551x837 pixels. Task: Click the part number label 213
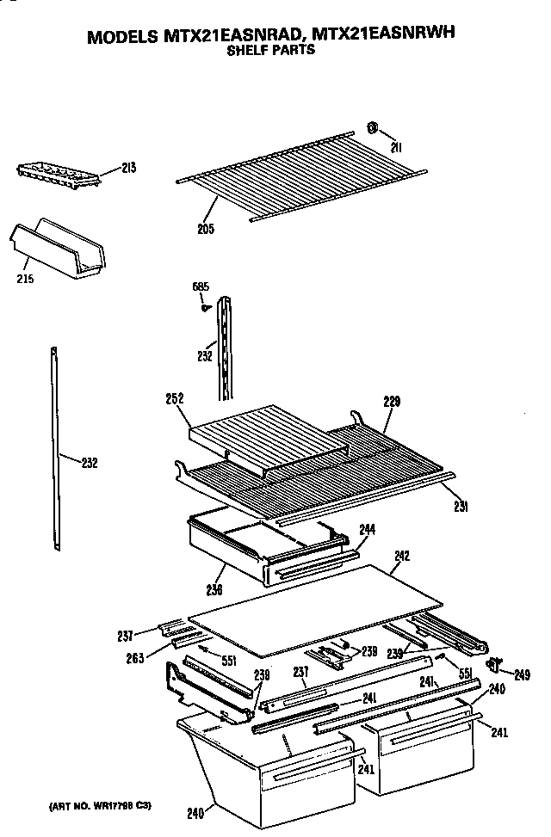(128, 168)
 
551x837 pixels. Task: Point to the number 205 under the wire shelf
(206, 229)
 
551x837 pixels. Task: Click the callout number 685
(200, 287)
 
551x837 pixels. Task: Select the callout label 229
(392, 402)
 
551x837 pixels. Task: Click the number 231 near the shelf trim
(461, 507)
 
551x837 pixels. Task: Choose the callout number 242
(402, 556)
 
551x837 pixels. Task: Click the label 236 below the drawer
(214, 590)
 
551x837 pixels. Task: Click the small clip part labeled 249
(495, 663)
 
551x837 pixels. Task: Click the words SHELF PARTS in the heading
(270, 50)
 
